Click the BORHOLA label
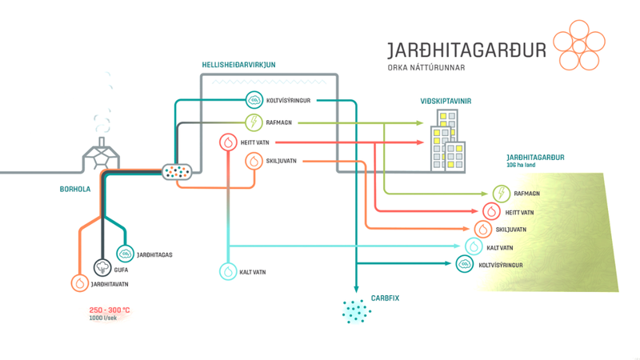(x=75, y=190)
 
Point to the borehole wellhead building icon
(x=102, y=156)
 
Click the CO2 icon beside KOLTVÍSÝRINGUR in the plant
(x=254, y=100)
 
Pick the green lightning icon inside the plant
(x=254, y=122)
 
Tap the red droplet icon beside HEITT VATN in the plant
(x=228, y=142)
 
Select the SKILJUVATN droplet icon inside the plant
(x=254, y=162)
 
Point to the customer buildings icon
(x=446, y=142)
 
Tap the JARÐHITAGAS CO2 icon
(x=125, y=254)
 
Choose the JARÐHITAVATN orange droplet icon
(x=79, y=283)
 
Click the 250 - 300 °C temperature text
(x=110, y=310)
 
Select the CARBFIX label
(x=385, y=298)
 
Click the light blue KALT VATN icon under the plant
(x=228, y=272)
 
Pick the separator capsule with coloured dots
(x=178, y=171)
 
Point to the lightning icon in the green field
(x=501, y=194)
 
